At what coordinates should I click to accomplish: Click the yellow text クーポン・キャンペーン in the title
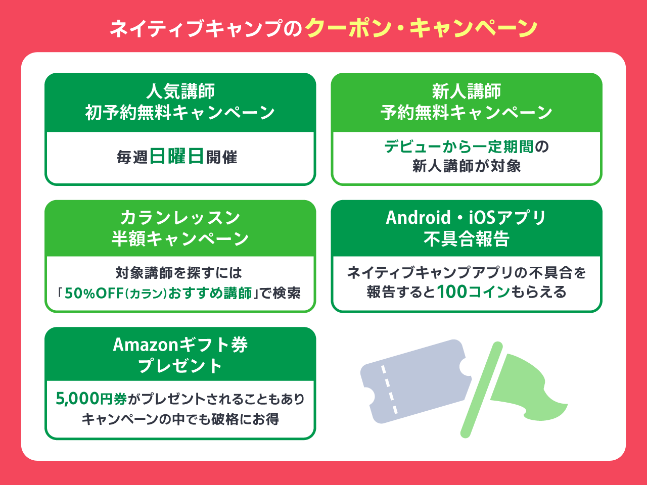click(x=422, y=29)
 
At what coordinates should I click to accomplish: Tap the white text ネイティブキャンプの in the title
click(x=206, y=29)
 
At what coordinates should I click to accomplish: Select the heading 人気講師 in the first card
click(x=180, y=91)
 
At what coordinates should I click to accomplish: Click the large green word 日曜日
click(x=176, y=157)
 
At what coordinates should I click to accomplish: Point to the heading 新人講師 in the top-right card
click(x=467, y=91)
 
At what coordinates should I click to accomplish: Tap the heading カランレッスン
click(x=180, y=218)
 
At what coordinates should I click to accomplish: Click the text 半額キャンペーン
click(x=180, y=238)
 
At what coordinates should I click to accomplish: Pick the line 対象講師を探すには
click(x=179, y=273)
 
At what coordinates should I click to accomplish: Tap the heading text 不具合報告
click(x=467, y=238)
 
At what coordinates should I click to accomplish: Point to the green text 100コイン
click(x=474, y=292)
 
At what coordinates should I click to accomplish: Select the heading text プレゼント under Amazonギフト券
click(x=180, y=365)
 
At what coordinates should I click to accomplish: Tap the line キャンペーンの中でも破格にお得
click(x=180, y=419)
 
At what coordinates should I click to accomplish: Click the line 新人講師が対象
click(x=467, y=166)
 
